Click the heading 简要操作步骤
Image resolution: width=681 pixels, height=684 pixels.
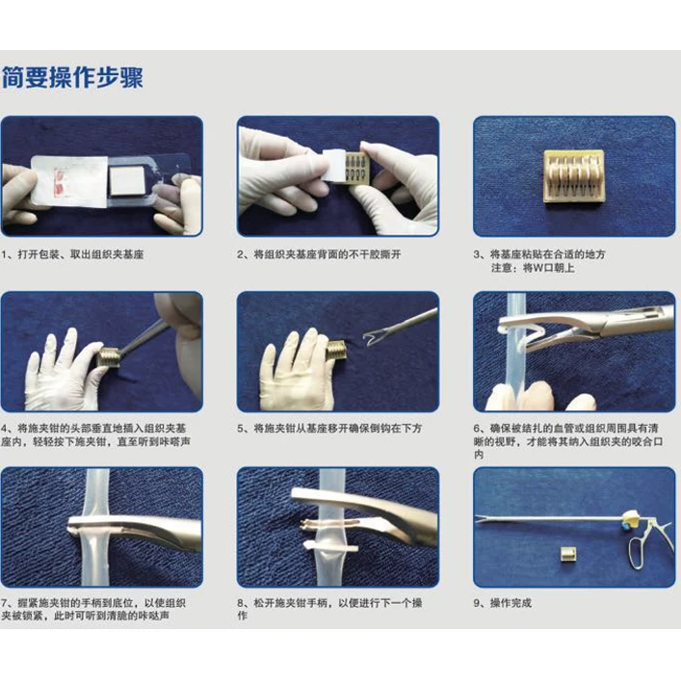(72, 78)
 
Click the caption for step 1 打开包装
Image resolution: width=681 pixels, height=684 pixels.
(72, 254)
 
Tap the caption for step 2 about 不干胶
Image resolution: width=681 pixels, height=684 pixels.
(319, 254)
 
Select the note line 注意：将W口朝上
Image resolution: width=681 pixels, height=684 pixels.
(533, 268)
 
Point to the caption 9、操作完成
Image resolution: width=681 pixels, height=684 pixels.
(503, 603)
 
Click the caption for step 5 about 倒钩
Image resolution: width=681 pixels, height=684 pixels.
(329, 429)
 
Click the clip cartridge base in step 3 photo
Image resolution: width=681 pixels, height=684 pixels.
(574, 175)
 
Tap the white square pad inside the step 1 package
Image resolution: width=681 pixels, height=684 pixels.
(126, 181)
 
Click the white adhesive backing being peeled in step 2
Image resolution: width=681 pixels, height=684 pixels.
(333, 167)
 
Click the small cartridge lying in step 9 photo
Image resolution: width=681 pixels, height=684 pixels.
(567, 554)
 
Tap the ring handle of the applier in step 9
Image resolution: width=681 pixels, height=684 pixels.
(639, 553)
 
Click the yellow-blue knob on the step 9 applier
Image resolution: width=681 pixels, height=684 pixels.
(631, 518)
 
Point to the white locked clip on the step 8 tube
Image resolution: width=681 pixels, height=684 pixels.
(330, 546)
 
